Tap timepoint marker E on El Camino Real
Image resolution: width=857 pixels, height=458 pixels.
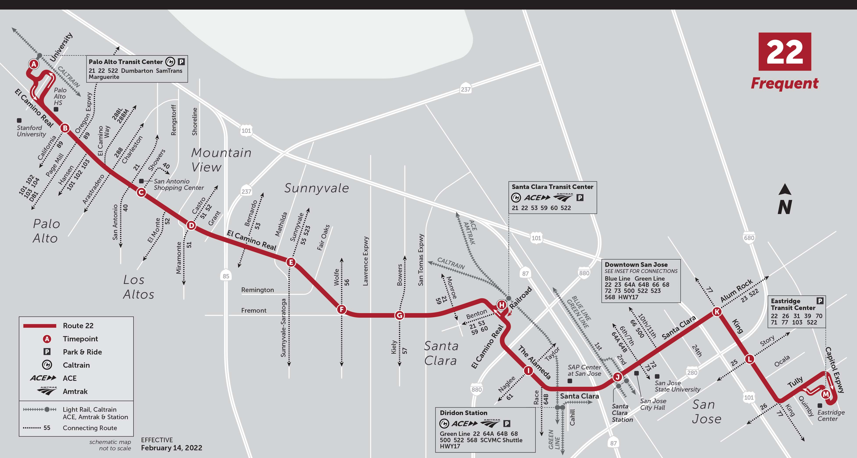pos(291,262)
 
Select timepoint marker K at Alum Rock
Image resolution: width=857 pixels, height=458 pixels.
pos(717,312)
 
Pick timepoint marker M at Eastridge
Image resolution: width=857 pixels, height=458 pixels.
pos(825,394)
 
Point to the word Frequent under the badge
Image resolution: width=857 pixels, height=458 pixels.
pos(784,83)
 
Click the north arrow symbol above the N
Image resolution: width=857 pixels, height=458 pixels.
pos(785,190)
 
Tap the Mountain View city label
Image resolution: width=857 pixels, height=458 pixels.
pos(221,160)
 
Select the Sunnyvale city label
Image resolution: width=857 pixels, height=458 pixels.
pos(316,188)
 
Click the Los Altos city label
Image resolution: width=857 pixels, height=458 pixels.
pos(138,287)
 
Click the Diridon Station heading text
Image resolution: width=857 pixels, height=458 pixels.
pos(463,413)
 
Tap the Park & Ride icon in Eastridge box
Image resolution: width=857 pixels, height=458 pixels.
pos(820,301)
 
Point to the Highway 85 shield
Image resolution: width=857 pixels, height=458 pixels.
pos(226,276)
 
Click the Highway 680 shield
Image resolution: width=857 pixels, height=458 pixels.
pos(749,238)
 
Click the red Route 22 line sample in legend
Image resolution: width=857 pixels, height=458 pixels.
pos(40,326)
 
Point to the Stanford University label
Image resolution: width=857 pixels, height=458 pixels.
pos(31,131)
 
